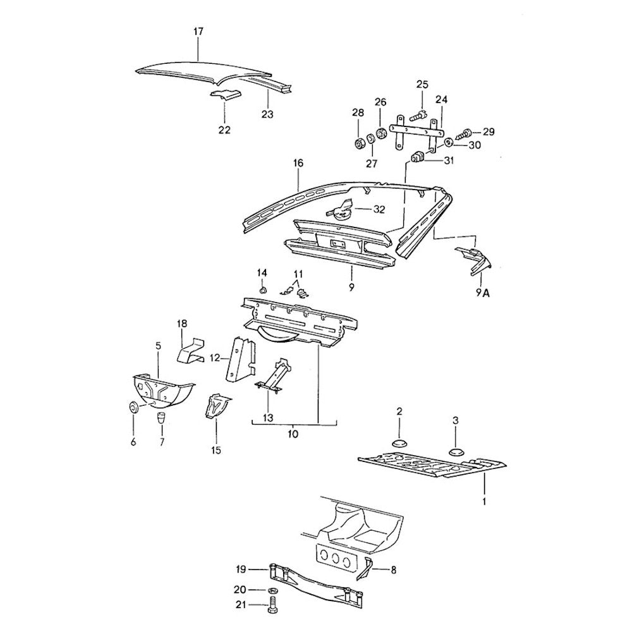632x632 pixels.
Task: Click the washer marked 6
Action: [x=133, y=407]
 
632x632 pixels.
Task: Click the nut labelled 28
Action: [x=358, y=142]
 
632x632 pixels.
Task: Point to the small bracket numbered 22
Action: [x=225, y=95]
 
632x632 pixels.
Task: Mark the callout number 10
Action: [x=293, y=434]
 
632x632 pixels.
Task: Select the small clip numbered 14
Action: [x=262, y=290]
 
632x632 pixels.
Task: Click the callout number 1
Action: [x=484, y=501]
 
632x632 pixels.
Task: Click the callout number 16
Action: [x=298, y=163]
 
